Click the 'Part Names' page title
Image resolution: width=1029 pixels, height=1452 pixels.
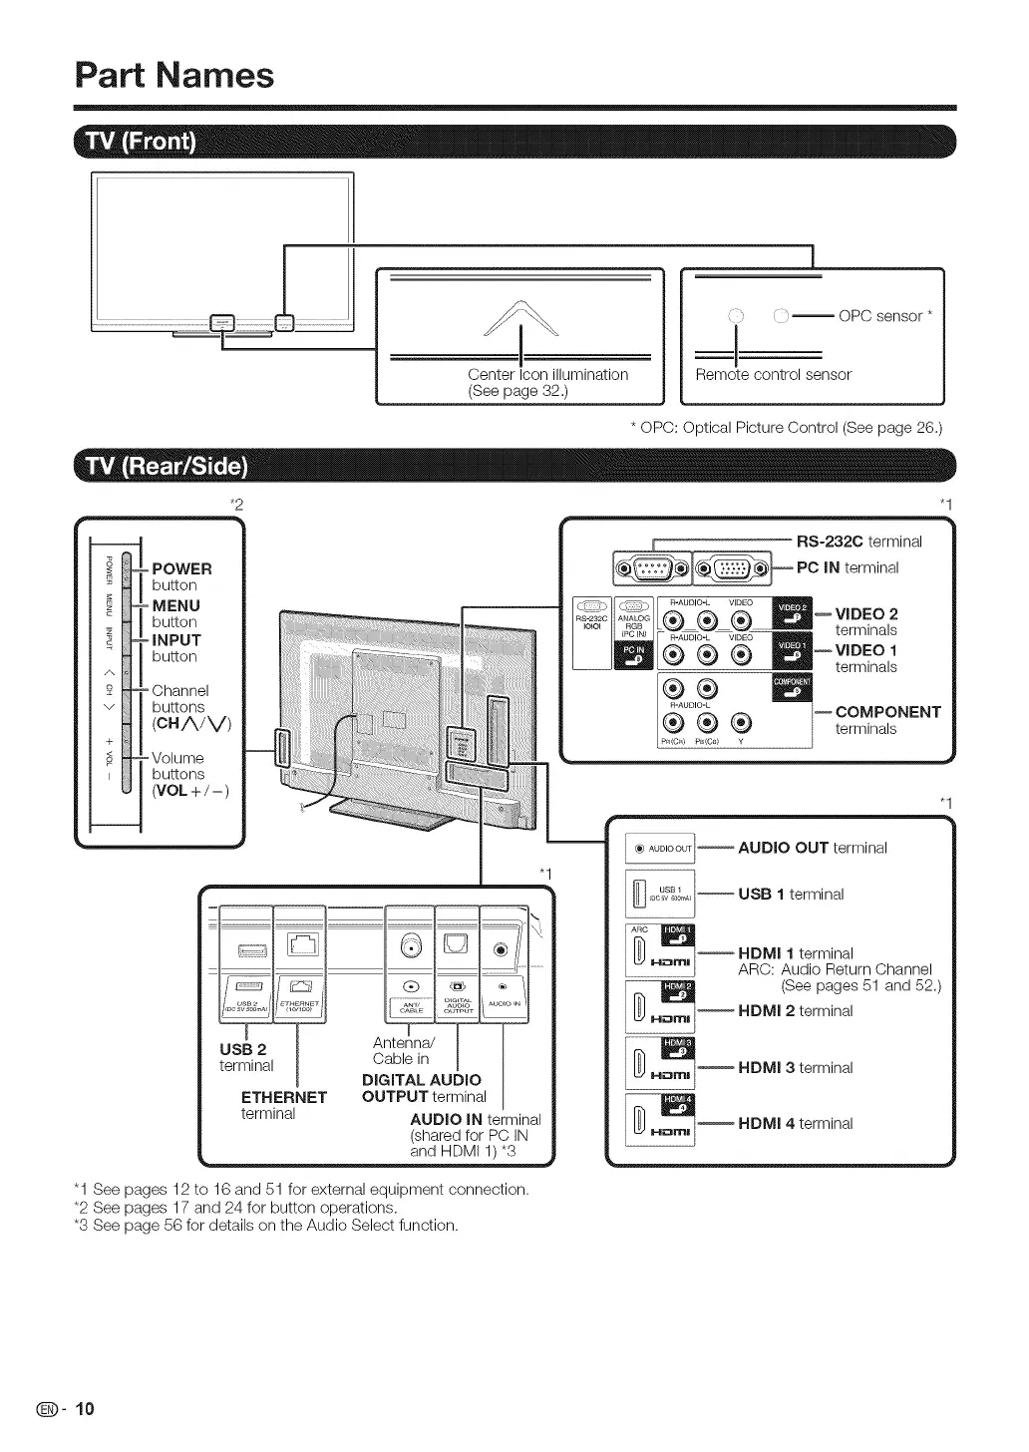click(x=174, y=75)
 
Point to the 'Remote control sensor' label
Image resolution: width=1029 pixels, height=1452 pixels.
click(x=773, y=375)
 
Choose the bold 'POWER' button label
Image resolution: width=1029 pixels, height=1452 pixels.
click(x=181, y=568)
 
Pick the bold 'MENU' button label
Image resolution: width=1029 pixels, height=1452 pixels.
click(x=176, y=605)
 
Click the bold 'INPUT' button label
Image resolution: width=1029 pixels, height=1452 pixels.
click(x=176, y=640)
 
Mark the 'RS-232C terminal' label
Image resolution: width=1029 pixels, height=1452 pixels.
click(x=858, y=542)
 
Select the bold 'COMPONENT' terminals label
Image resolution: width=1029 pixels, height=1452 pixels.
click(x=887, y=712)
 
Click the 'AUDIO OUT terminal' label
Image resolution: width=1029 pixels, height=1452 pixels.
click(x=812, y=848)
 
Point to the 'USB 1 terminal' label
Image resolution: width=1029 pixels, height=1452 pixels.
click(x=790, y=895)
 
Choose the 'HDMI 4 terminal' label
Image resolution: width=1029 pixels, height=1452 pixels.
click(x=795, y=1123)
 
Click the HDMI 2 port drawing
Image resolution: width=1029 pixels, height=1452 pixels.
click(x=661, y=1008)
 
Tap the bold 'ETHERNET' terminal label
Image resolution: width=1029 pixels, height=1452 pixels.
click(x=284, y=1097)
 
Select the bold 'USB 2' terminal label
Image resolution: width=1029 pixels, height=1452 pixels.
click(x=243, y=1049)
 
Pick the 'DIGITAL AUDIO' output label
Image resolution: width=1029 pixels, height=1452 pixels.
click(x=421, y=1079)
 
